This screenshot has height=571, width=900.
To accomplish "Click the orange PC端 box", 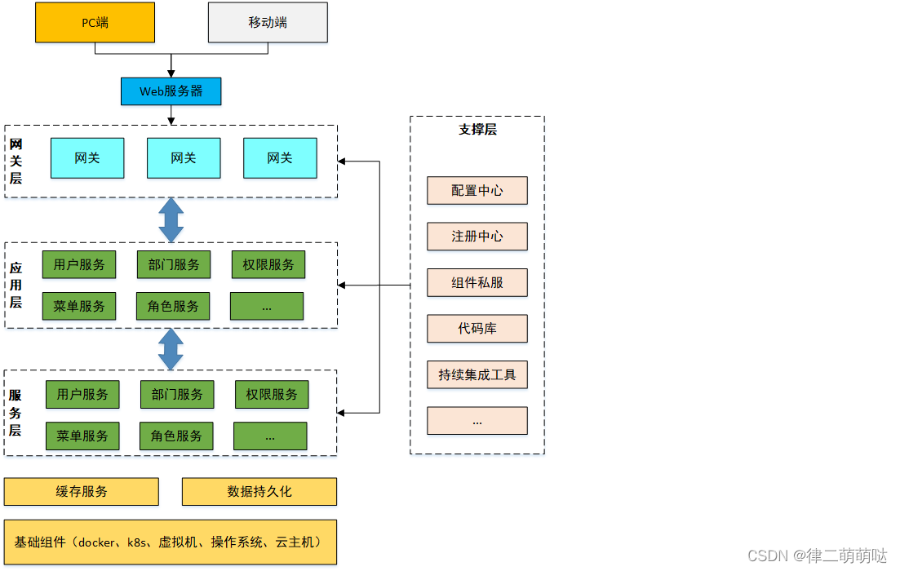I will coord(95,23).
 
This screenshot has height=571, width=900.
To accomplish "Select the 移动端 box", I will coord(268,23).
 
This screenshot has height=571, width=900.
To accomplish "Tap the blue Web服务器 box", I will coord(171,91).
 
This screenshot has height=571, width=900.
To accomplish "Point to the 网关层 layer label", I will coord(16,161).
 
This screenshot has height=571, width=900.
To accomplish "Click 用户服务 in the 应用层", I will coord(79,264).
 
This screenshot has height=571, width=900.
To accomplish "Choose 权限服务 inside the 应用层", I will coord(268,264).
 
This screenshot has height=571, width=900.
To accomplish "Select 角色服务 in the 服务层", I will coord(176,436).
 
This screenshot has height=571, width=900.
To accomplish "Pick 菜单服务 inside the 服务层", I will coord(82,436).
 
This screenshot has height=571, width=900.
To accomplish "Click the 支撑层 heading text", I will coord(477,129).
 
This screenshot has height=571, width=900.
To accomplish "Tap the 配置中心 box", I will coord(477,191).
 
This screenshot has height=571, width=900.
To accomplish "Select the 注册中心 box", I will coord(477,237).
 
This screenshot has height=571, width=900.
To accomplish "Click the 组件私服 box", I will coord(477,283).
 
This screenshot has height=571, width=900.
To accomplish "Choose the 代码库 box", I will coord(477,329).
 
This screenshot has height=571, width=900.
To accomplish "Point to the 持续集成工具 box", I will coord(477,375).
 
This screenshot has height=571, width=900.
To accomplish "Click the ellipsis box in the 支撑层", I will coord(477,421).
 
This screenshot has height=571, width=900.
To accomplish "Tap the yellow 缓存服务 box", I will coord(82,492).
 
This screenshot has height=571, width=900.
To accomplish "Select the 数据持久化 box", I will coord(259,492).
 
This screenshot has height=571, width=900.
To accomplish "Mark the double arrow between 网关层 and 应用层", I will coord(171,219).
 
